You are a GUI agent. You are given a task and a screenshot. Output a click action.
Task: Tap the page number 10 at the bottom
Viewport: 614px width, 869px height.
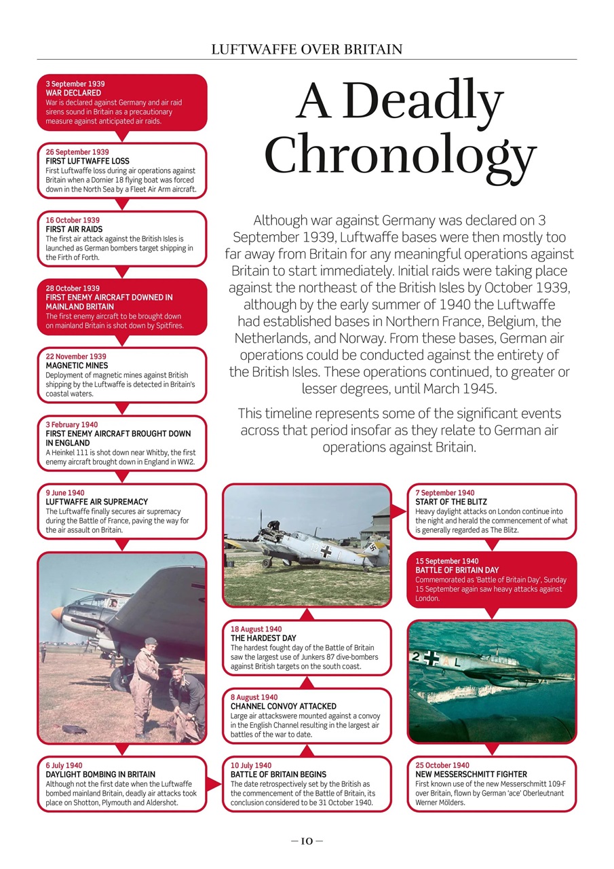[306, 841]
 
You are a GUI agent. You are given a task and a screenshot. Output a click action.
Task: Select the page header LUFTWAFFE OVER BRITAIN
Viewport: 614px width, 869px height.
[307, 49]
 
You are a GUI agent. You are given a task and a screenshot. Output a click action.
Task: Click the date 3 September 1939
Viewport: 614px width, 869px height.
[75, 84]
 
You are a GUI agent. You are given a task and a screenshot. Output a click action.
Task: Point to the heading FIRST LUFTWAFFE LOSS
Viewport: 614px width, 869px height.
[88, 162]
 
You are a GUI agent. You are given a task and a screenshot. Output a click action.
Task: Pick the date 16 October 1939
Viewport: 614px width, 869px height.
[73, 221]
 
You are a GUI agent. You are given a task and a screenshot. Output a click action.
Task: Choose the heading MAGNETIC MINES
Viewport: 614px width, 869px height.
[77, 366]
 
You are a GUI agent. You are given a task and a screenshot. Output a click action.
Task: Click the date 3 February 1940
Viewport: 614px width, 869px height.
[71, 425]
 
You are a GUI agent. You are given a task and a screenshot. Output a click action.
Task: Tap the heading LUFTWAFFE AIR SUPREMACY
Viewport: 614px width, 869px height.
[96, 502]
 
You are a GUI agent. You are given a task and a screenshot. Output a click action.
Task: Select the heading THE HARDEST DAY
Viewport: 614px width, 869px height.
[263, 639]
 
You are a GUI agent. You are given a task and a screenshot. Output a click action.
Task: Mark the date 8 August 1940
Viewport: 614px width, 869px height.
[254, 697]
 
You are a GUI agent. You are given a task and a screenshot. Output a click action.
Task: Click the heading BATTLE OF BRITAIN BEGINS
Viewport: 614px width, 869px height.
[278, 775]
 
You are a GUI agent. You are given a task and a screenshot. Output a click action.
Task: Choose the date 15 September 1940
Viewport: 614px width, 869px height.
[447, 561]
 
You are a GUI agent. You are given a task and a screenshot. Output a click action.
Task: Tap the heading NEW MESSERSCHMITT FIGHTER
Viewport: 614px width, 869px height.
[471, 775]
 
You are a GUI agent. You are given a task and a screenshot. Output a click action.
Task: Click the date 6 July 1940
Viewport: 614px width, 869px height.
[64, 765]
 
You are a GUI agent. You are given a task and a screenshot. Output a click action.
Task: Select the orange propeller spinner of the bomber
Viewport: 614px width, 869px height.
[57, 614]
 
